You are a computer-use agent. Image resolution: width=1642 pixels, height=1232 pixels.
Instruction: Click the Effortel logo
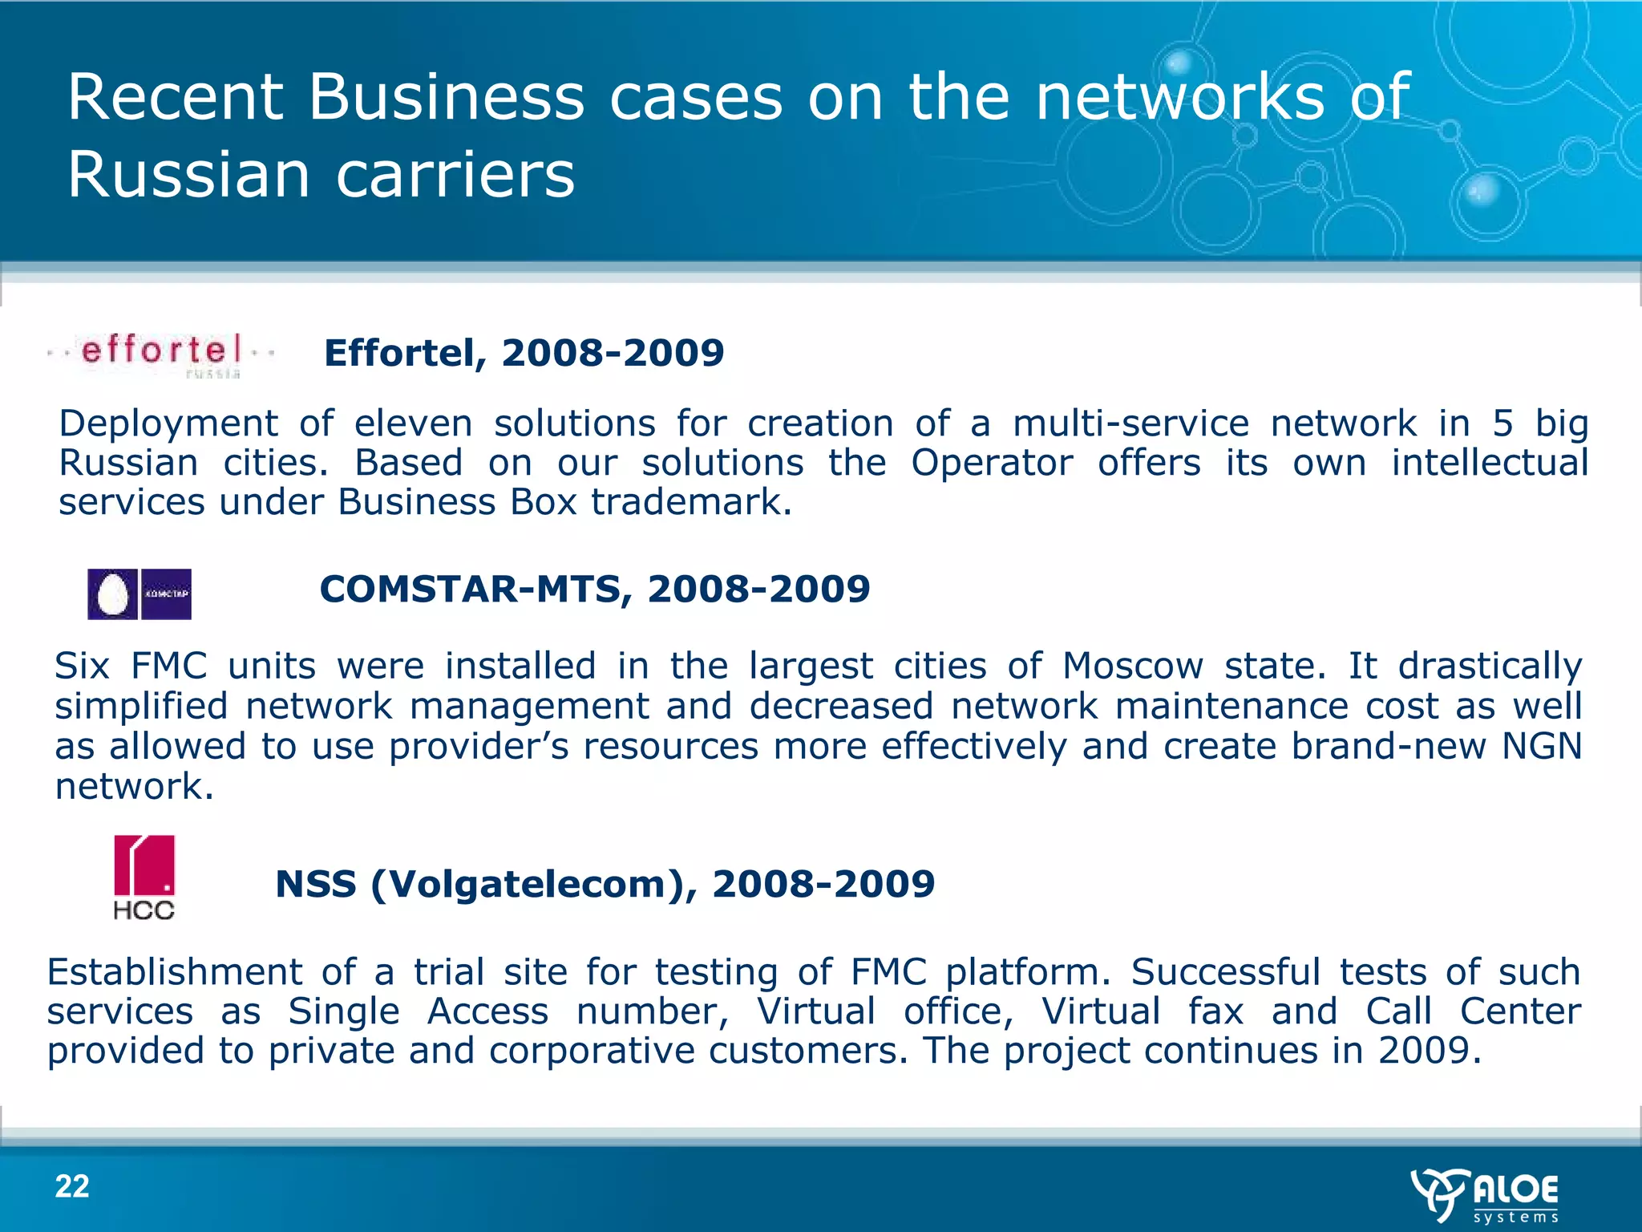point(160,354)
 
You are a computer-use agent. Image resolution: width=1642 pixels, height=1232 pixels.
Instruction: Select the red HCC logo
point(144,876)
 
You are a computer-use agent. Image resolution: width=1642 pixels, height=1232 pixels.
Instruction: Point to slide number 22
point(72,1186)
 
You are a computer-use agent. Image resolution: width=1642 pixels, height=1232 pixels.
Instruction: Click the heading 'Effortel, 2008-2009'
point(524,353)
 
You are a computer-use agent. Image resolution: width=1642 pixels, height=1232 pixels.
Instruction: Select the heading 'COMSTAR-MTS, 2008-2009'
point(594,589)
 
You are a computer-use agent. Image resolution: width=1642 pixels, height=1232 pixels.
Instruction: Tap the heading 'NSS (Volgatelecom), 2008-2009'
point(605,884)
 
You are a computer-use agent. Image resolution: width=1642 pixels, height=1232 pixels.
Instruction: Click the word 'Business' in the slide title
point(447,97)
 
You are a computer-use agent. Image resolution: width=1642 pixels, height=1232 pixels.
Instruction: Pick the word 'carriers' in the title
point(455,175)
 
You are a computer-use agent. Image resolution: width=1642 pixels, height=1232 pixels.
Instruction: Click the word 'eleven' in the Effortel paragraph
point(413,423)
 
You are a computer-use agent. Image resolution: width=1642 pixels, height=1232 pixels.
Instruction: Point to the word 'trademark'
point(691,502)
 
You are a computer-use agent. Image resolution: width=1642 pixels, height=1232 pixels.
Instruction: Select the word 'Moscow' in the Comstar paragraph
point(1133,666)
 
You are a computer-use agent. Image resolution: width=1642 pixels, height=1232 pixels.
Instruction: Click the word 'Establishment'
point(174,972)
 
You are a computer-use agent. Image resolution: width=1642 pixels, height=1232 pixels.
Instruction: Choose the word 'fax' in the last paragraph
point(1215,1011)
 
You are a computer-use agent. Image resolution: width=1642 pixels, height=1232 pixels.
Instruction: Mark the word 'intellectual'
point(1489,463)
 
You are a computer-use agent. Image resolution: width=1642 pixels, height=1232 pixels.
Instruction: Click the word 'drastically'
point(1490,666)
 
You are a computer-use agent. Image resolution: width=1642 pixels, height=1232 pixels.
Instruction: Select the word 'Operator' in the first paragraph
point(991,463)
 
